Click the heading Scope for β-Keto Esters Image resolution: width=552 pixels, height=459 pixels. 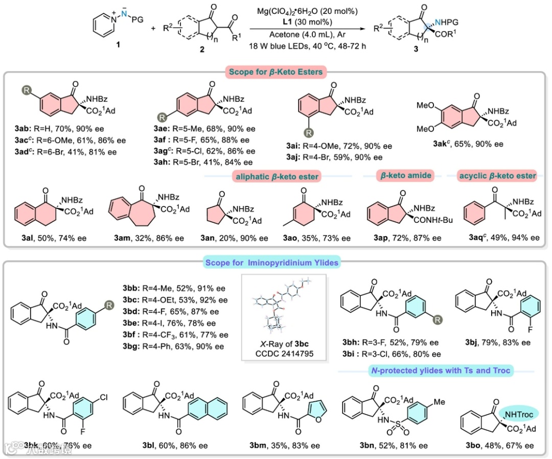point(277,72)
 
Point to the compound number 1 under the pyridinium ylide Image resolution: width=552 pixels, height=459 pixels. point(119,45)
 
